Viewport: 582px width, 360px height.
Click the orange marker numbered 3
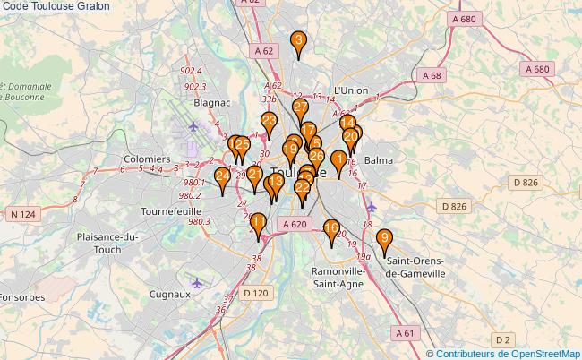coord(298,42)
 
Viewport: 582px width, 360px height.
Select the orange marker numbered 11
coord(259,224)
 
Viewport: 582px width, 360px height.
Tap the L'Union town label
coord(350,90)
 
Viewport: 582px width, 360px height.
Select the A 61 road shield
coord(407,332)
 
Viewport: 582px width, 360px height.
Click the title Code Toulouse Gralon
coord(56,6)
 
